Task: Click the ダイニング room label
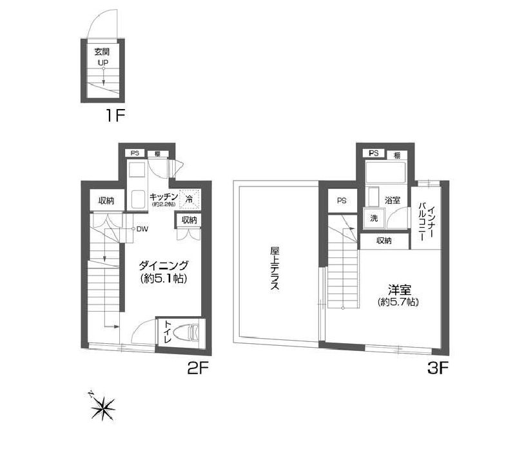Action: pyautogui.click(x=164, y=265)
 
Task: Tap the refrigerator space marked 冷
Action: pyautogui.click(x=189, y=199)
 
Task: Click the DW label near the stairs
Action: pyautogui.click(x=141, y=228)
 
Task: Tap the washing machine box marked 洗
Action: pyautogui.click(x=373, y=218)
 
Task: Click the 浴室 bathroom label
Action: pyautogui.click(x=393, y=201)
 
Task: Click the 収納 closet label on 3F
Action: pyautogui.click(x=384, y=241)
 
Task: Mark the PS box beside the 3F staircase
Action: pyautogui.click(x=342, y=201)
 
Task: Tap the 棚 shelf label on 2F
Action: pyautogui.click(x=157, y=154)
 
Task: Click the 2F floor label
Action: pyautogui.click(x=197, y=370)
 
